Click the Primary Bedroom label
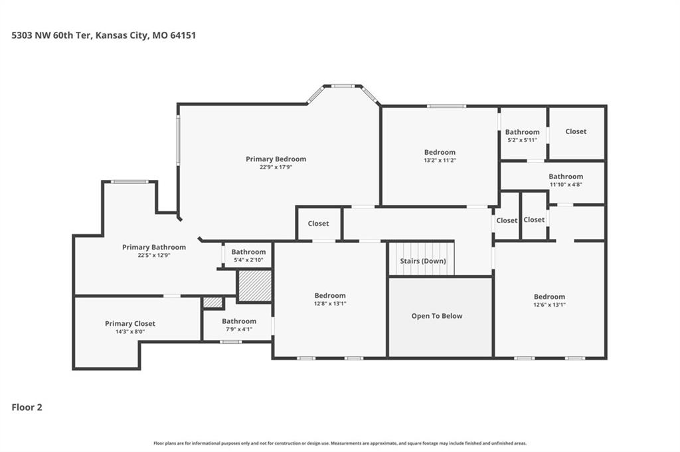pyautogui.click(x=276, y=159)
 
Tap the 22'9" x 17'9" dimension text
pyautogui.click(x=276, y=167)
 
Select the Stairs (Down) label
pyautogui.click(x=423, y=261)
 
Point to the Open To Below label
pyautogui.click(x=437, y=316)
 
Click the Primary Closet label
pyautogui.click(x=130, y=324)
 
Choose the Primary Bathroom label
pyautogui.click(x=154, y=247)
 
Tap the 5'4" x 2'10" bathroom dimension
pyautogui.click(x=248, y=260)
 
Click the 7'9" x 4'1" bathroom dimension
pyautogui.click(x=239, y=329)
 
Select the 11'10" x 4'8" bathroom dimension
pyautogui.click(x=566, y=185)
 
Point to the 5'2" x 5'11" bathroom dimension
pyautogui.click(x=522, y=140)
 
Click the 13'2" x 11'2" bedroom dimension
pyautogui.click(x=440, y=161)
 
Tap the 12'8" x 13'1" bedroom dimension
pyautogui.click(x=330, y=304)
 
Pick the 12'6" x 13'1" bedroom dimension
pyautogui.click(x=549, y=305)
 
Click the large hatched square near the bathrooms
pyautogui.click(x=255, y=286)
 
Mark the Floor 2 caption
pyautogui.click(x=27, y=408)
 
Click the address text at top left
pyautogui.click(x=104, y=35)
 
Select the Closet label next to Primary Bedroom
pyautogui.click(x=318, y=224)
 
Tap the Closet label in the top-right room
pyautogui.click(x=576, y=131)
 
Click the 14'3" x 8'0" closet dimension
pyautogui.click(x=130, y=332)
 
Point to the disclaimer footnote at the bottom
pyautogui.click(x=340, y=443)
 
